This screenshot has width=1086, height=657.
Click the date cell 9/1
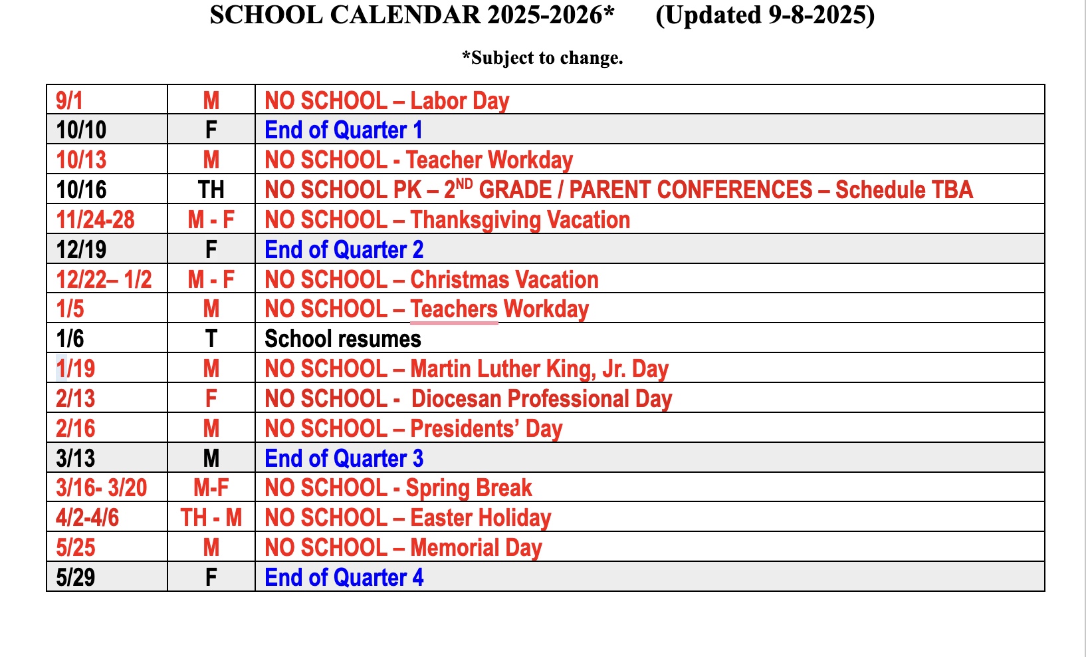tap(69, 100)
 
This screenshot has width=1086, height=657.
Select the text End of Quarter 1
tap(343, 130)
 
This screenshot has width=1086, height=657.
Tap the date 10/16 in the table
tap(81, 190)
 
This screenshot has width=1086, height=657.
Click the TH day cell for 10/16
tap(211, 190)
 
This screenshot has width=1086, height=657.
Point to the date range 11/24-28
tap(95, 219)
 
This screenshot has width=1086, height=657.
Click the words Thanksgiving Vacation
tap(520, 219)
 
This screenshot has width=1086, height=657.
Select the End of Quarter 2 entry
tap(343, 249)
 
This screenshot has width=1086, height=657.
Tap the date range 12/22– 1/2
tap(104, 279)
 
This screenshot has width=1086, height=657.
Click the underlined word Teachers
tap(454, 309)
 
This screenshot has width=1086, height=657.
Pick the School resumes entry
tap(342, 339)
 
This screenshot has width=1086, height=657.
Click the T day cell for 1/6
tap(211, 339)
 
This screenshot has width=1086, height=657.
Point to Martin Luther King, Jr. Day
tap(539, 369)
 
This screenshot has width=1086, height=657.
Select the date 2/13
tap(75, 399)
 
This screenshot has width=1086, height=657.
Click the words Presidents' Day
tap(486, 429)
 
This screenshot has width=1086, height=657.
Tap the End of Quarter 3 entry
tap(343, 459)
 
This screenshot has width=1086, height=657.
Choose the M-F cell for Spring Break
tap(211, 488)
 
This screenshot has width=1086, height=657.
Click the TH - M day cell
tap(211, 517)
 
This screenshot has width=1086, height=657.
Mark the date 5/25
tap(75, 547)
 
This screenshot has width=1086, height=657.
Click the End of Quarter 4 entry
tap(343, 577)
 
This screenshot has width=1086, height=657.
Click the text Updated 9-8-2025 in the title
tap(764, 15)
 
